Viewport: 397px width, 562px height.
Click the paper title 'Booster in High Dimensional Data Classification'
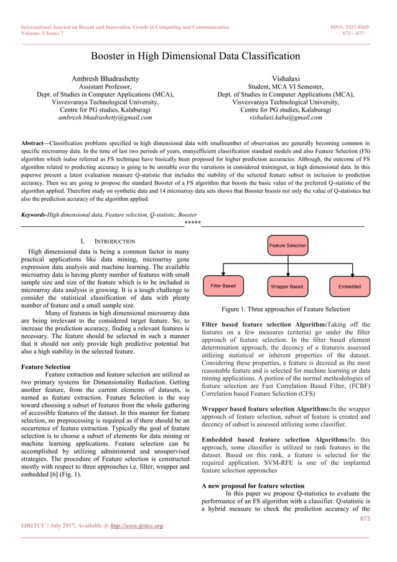click(198, 56)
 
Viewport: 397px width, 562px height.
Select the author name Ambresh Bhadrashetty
click(105, 79)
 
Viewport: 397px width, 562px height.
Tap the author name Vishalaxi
click(286, 79)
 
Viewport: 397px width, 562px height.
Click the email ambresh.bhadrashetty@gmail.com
click(105, 117)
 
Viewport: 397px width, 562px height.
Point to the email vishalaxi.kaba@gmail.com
click(286, 117)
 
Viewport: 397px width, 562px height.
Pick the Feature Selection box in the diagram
click(287, 245)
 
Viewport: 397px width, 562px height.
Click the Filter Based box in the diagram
click(223, 286)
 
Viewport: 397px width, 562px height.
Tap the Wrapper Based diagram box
click(287, 287)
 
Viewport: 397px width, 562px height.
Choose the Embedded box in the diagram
click(350, 287)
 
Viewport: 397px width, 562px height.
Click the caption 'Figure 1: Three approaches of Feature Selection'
click(286, 309)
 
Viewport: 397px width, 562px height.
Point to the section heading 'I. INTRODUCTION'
click(104, 241)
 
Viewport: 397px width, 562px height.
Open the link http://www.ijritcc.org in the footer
click(136, 526)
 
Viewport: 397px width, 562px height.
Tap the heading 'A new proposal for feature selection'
click(253, 485)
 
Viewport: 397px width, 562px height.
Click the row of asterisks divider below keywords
click(192, 222)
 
